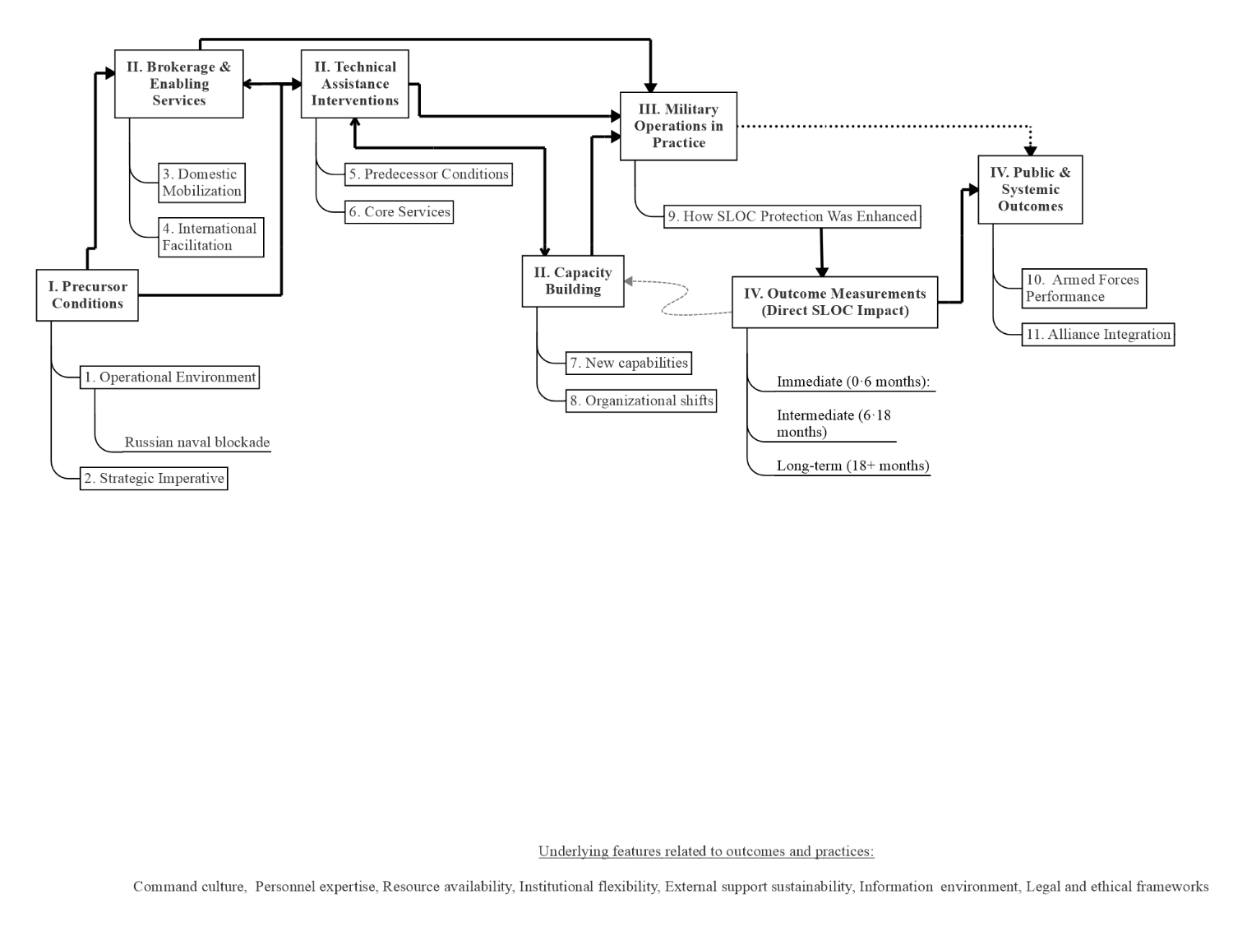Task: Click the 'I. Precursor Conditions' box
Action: click(x=87, y=294)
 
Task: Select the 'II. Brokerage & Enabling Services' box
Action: click(x=178, y=84)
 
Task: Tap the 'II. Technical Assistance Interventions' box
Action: click(x=354, y=84)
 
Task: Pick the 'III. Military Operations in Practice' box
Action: click(x=678, y=126)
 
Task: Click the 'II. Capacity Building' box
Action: click(x=573, y=281)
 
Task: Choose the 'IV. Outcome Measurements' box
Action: click(x=834, y=302)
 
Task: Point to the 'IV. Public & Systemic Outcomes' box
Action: click(x=1030, y=189)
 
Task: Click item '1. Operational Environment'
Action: click(x=169, y=377)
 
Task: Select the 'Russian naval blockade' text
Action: click(x=196, y=442)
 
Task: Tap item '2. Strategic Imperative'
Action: click(x=154, y=478)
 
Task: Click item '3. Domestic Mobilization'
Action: click(x=201, y=183)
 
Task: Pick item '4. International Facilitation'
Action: click(x=210, y=237)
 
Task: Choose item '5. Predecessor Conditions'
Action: click(x=428, y=174)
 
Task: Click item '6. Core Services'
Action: click(x=399, y=211)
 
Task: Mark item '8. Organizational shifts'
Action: click(x=641, y=401)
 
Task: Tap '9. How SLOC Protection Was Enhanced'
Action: click(x=792, y=216)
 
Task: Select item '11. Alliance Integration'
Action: click(x=1097, y=334)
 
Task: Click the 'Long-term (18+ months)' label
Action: click(x=852, y=466)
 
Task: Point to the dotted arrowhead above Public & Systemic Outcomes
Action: click(x=1030, y=151)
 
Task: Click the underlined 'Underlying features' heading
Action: click(x=705, y=851)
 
